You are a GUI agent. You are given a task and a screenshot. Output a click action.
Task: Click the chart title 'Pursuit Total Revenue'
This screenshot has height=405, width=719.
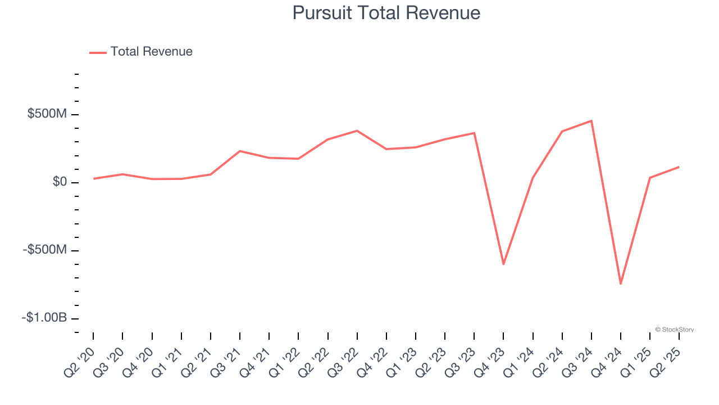click(386, 13)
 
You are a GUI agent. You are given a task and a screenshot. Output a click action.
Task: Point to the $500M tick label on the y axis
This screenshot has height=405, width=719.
click(47, 114)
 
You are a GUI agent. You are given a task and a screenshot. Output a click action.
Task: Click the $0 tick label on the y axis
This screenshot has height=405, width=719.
click(60, 182)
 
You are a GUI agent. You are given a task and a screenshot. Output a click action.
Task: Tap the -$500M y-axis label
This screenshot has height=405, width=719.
click(45, 250)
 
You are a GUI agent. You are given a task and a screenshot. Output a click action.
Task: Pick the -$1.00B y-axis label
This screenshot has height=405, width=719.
click(44, 318)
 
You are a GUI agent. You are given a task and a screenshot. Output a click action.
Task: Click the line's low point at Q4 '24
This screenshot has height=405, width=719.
click(621, 283)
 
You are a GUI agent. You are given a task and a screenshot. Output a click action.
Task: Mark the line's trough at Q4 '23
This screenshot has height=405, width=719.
click(503, 264)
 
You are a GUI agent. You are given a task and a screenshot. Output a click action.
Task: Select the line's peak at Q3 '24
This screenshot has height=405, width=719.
click(591, 121)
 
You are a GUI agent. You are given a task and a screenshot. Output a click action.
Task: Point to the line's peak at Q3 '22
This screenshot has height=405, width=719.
click(357, 131)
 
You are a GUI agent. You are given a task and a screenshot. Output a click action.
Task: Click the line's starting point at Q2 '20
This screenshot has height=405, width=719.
click(94, 178)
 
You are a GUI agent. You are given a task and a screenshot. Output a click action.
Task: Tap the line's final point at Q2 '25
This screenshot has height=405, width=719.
click(679, 167)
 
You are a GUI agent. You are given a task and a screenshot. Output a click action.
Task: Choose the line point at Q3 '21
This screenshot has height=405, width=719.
click(240, 151)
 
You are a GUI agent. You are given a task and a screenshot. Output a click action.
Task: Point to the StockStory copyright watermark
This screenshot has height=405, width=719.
click(674, 330)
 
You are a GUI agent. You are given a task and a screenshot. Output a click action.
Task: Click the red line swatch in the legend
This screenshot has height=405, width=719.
click(98, 52)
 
